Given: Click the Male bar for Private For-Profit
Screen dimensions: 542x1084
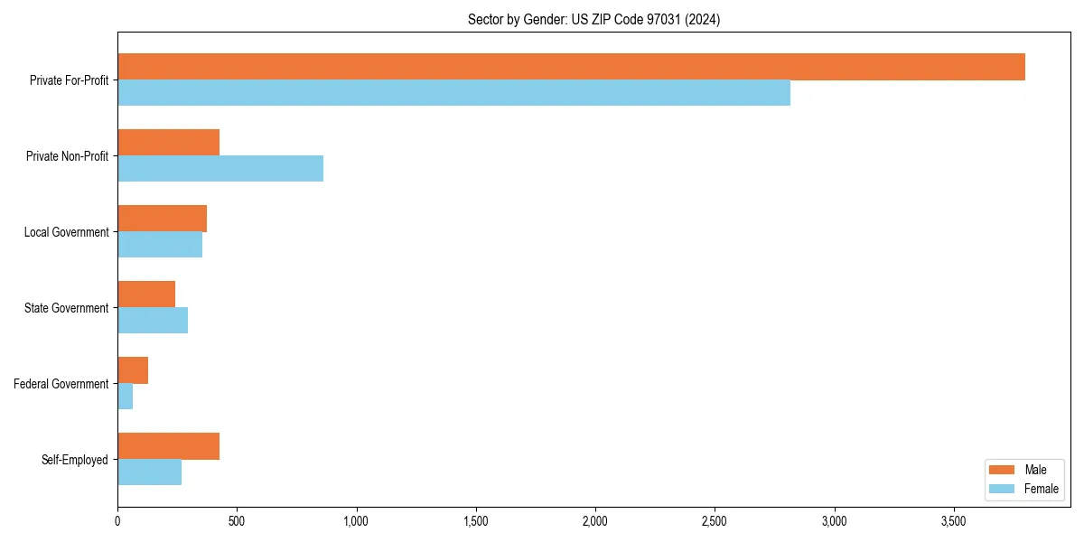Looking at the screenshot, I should (x=571, y=67).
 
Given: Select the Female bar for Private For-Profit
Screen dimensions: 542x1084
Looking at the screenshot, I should (x=453, y=93).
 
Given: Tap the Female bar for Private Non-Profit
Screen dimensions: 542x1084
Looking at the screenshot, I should (x=220, y=169).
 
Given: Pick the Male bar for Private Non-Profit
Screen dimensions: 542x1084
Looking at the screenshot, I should (x=168, y=143).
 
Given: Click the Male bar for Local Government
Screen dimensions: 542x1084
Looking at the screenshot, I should (x=162, y=219).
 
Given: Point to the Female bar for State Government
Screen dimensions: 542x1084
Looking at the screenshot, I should (x=153, y=321).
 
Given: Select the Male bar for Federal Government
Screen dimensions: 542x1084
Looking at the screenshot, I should (x=133, y=370).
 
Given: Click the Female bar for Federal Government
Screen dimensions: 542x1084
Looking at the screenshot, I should (x=125, y=397).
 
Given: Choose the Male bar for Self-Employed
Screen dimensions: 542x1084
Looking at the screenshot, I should (x=168, y=446).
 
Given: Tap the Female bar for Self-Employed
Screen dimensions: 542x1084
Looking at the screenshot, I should (x=149, y=472).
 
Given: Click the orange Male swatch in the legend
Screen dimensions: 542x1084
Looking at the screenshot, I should (x=1003, y=470).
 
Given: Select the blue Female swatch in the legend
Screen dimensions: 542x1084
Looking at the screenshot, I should (x=1003, y=489).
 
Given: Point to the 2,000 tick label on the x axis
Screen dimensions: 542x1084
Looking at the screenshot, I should (x=595, y=521).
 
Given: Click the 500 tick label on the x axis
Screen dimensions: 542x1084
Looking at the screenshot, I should (x=237, y=521).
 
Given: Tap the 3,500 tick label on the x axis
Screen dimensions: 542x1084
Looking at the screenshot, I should (x=954, y=521).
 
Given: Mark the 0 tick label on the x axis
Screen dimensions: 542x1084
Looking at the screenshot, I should (x=117, y=521).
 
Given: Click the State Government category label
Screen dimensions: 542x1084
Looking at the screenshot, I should (x=66, y=308).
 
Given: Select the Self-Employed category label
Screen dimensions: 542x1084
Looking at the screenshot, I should (x=74, y=460).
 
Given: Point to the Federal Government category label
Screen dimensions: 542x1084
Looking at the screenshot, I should (x=61, y=384).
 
